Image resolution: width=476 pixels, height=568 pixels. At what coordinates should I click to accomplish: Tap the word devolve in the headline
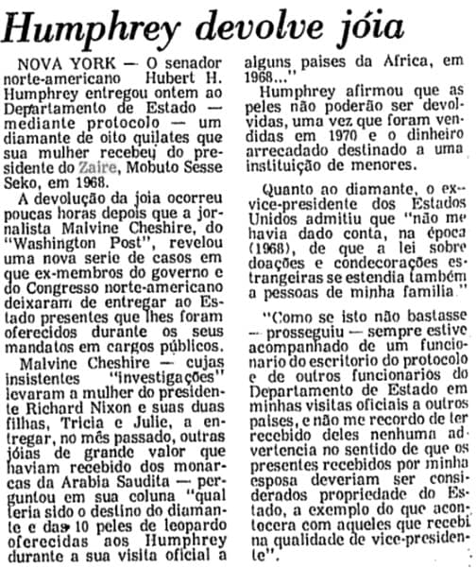coord(282,26)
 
